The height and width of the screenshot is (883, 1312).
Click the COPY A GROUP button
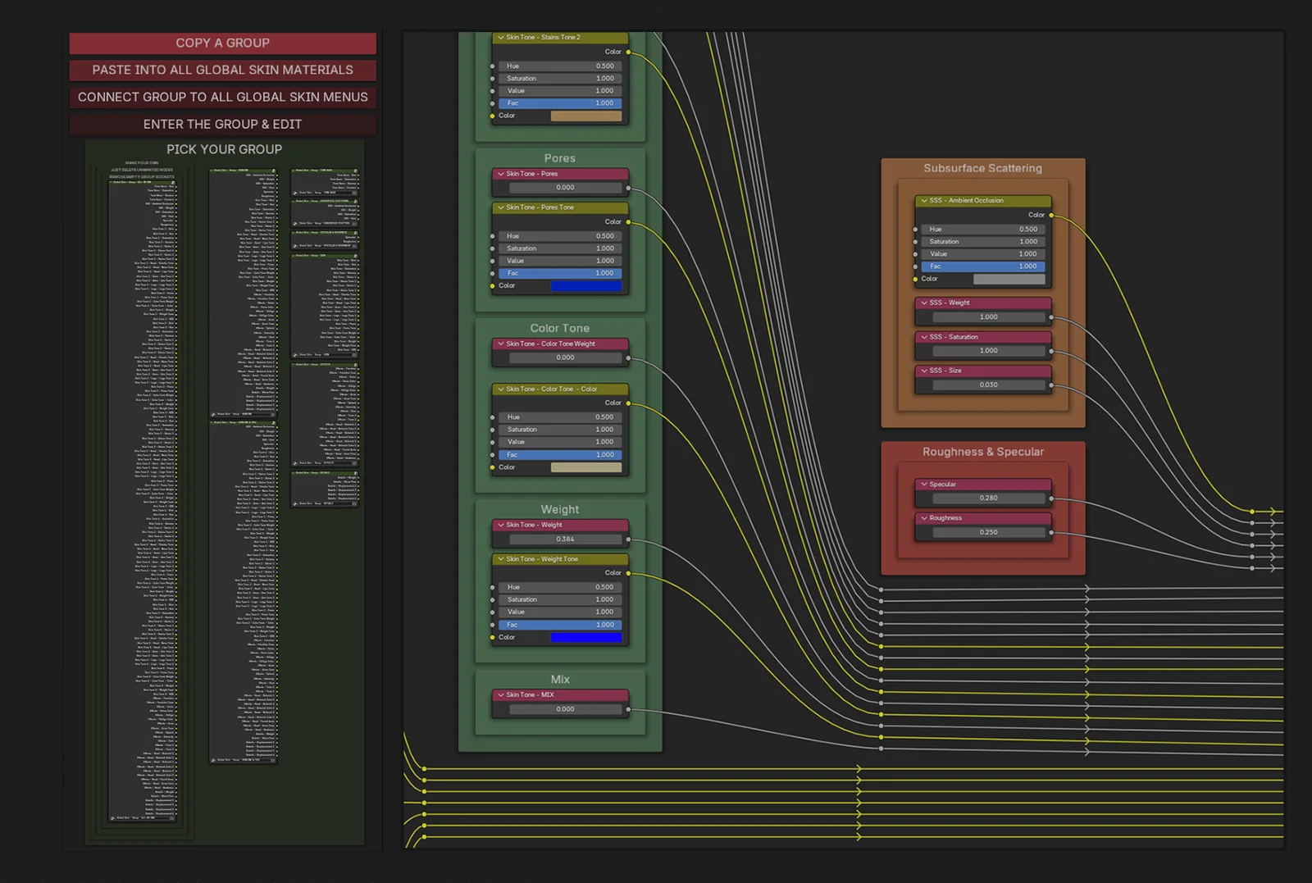(222, 43)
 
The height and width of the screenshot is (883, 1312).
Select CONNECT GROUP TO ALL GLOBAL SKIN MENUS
(222, 97)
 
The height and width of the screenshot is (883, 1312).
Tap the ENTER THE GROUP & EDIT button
(222, 124)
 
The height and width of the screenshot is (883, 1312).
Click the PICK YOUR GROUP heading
(224, 149)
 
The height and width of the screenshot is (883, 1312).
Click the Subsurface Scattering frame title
(982, 168)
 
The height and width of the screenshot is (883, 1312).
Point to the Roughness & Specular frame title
(982, 452)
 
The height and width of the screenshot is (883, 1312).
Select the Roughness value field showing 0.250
(988, 532)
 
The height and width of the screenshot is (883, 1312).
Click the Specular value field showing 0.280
(988, 498)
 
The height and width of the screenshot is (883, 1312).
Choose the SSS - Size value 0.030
(988, 385)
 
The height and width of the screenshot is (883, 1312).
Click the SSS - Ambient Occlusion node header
(982, 200)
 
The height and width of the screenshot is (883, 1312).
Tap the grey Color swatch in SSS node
(1009, 279)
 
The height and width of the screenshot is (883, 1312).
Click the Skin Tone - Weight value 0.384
(565, 539)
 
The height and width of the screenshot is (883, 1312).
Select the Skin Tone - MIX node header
(560, 694)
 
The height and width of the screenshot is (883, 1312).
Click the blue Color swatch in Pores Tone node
(585, 286)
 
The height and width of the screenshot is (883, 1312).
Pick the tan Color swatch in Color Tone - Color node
(585, 467)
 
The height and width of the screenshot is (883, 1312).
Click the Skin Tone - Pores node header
(560, 174)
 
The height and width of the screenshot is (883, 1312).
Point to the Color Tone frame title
(559, 328)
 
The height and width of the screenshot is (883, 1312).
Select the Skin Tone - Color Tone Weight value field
(565, 358)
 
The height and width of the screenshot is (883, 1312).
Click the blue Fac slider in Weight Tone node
(559, 625)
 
